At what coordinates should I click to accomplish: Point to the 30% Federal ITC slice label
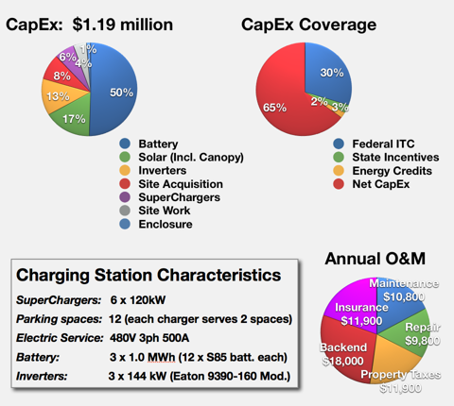tap(331, 72)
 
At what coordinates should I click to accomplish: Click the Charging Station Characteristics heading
tap(147, 276)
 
